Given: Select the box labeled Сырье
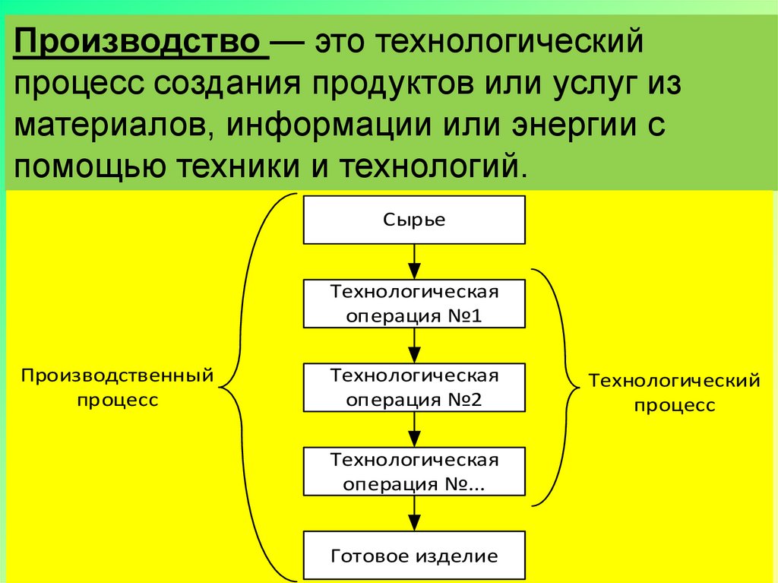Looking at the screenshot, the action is pos(414,220).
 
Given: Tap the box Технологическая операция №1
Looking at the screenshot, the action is pos(414,303).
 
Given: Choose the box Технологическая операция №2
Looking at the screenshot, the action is pos(414,387).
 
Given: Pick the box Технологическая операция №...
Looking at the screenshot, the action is pos(414,471).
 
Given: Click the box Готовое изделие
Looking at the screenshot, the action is pos(414,556).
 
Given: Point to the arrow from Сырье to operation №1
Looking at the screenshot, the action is pos(414,261).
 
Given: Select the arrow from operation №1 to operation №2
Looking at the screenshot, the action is pos(414,345).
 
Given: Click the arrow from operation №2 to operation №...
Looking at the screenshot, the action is pos(414,429).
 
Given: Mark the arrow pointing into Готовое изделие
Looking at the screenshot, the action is pos(414,514).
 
